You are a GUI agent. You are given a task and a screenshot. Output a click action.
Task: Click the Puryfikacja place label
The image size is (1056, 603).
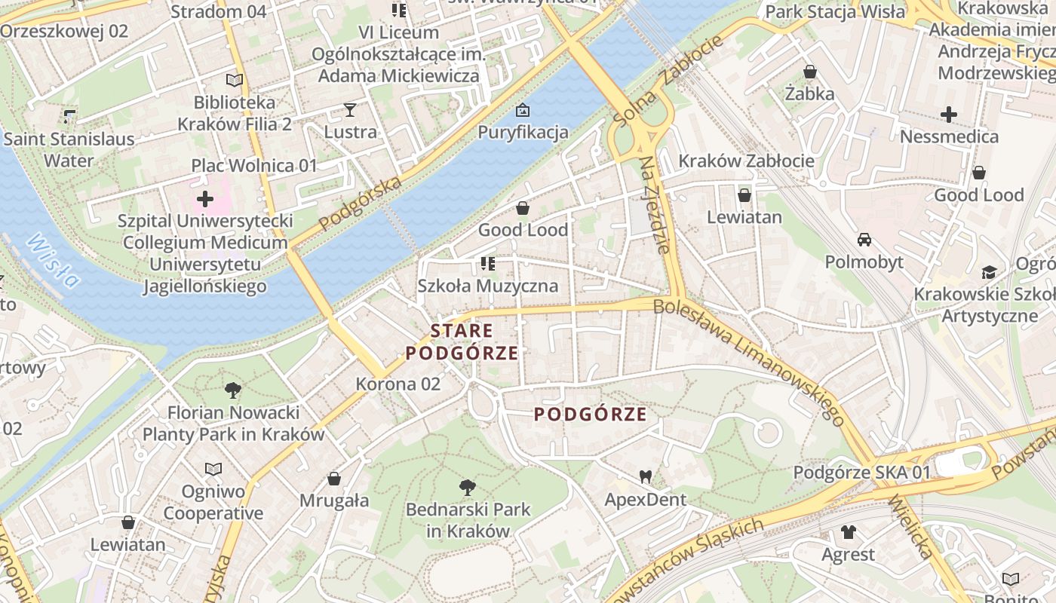[523, 133]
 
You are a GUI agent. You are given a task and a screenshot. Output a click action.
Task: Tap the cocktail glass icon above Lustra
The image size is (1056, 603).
[350, 110]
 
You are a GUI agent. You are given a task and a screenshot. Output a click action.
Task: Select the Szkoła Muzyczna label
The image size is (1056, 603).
[488, 286]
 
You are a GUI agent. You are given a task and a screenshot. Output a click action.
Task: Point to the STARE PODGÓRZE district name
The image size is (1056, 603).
[462, 341]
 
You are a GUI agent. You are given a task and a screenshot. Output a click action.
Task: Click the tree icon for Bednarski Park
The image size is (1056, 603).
[468, 488]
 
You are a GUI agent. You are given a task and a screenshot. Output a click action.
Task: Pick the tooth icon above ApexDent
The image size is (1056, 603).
[645, 476]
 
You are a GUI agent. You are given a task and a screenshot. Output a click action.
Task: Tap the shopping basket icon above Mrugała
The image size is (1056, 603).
[334, 479]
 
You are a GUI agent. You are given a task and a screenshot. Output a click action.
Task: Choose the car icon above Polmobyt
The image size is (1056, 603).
[864, 240]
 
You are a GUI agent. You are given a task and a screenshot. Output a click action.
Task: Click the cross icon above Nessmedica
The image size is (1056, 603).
[949, 115]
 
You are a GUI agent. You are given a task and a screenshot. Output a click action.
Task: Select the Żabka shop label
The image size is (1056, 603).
[809, 94]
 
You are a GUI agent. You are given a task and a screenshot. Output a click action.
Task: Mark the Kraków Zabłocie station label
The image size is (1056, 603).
[746, 161]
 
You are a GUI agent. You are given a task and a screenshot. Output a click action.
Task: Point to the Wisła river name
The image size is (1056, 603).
[53, 261]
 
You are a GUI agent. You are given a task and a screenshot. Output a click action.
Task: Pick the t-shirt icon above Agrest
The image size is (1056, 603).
[849, 533]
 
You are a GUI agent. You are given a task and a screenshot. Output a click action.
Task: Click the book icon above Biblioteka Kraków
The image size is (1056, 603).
[235, 80]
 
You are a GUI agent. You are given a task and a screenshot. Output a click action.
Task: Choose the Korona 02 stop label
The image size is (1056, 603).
[398, 384]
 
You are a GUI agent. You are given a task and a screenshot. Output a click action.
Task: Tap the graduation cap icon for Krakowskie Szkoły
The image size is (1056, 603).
[989, 272]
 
